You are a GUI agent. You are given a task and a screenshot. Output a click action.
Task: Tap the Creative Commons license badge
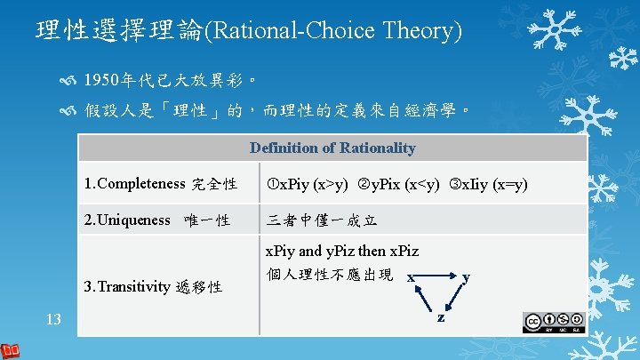click(554, 322)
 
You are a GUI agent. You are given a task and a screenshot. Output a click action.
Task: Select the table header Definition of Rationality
click(332, 148)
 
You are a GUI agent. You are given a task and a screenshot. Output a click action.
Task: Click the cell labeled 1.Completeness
click(160, 184)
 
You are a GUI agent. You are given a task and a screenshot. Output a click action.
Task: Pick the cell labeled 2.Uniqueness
click(156, 219)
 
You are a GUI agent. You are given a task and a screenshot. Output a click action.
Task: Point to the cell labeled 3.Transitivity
click(153, 286)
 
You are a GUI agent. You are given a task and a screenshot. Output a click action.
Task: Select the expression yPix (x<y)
click(398, 184)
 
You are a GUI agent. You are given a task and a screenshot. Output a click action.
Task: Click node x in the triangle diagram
click(411, 278)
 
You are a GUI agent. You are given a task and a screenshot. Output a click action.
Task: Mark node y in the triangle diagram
click(466, 277)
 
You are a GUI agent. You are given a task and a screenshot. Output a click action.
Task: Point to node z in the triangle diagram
click(438, 317)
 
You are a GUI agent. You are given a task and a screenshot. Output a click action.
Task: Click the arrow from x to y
click(437, 276)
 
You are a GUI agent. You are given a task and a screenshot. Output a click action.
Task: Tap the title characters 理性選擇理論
click(120, 31)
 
